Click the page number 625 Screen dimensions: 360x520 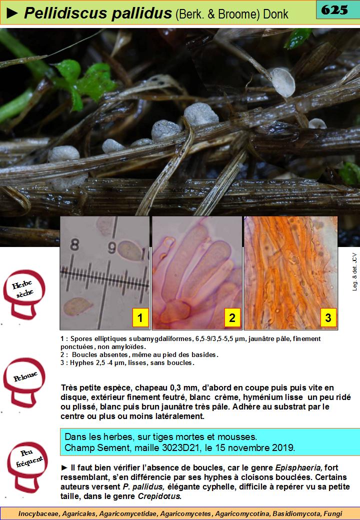point(334,10)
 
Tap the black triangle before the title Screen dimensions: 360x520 point(12,13)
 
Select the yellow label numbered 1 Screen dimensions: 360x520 point(140,317)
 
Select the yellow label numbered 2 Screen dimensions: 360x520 point(232,317)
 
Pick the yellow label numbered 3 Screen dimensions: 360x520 point(328,317)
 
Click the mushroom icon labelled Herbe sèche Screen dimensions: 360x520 point(23,294)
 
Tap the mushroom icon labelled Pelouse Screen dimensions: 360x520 point(24,382)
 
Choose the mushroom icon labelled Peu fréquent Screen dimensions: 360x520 point(28,466)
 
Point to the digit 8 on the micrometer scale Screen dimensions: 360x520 point(75,245)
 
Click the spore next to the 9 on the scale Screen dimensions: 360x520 point(129,250)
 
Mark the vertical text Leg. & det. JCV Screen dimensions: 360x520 point(354,272)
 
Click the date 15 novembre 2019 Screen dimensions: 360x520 point(254,447)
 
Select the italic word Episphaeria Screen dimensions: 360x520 point(298,467)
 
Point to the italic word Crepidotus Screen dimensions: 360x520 point(159,496)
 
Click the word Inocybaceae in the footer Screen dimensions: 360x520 point(38,513)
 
